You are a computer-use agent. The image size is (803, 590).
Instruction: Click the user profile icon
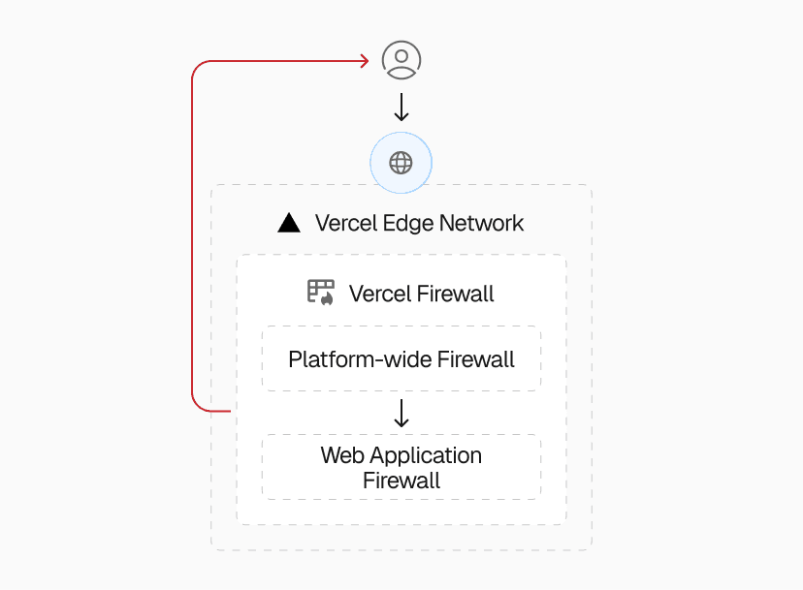(401, 60)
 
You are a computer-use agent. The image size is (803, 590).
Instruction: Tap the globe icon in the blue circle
(401, 163)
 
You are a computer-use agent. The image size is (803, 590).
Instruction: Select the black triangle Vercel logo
(288, 224)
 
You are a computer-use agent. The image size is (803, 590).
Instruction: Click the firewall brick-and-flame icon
(321, 293)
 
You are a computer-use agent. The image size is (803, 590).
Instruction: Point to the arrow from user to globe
(401, 107)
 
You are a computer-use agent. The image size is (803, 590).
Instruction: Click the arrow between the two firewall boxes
(401, 414)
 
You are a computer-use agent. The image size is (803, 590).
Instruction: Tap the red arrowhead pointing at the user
(365, 61)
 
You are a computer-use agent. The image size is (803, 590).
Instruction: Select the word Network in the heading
(482, 224)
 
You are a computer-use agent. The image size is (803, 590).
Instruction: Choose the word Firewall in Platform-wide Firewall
(476, 360)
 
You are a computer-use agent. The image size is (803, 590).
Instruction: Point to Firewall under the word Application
(401, 481)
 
